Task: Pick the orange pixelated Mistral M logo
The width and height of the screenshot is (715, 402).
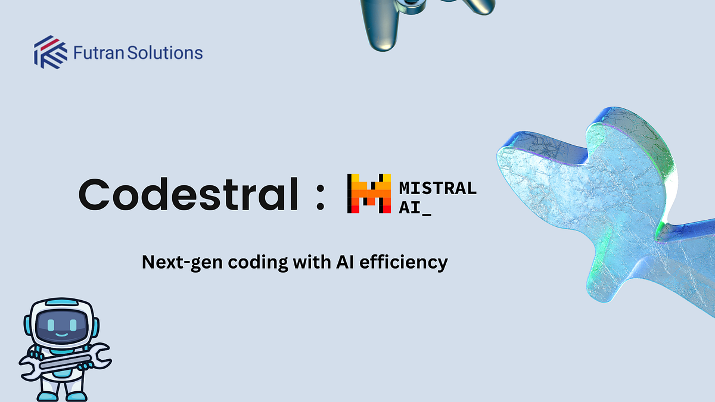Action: (369, 194)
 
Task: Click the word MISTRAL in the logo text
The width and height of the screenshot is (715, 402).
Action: (437, 188)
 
